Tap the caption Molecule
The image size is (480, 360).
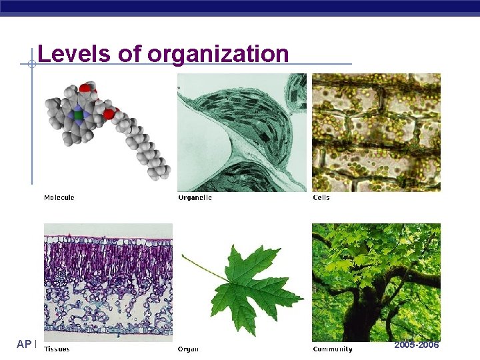tap(59, 197)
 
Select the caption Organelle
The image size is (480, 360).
tap(195, 197)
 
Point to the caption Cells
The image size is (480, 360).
tap(321, 197)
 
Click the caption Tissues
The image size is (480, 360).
tap(57, 349)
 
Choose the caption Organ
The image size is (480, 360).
tap(188, 349)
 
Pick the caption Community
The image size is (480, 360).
tap(333, 349)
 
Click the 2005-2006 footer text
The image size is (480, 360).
tap(417, 345)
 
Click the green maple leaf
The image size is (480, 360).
tap(247, 287)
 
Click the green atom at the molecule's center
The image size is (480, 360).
tap(79, 115)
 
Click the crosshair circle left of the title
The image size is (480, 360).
tap(31, 65)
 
